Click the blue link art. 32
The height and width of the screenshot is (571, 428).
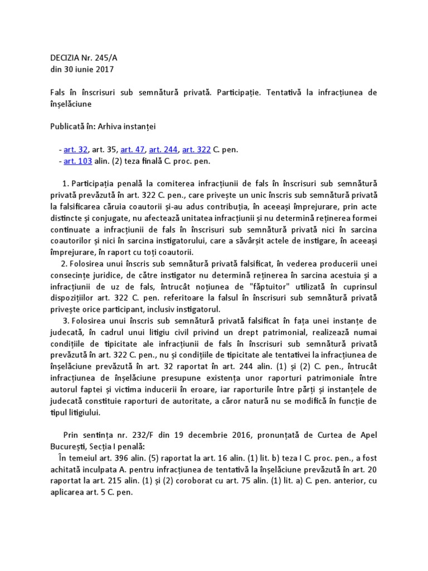pos(72,150)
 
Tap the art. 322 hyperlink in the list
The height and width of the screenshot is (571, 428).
pos(196,150)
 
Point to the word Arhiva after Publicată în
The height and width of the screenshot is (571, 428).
pos(113,126)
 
